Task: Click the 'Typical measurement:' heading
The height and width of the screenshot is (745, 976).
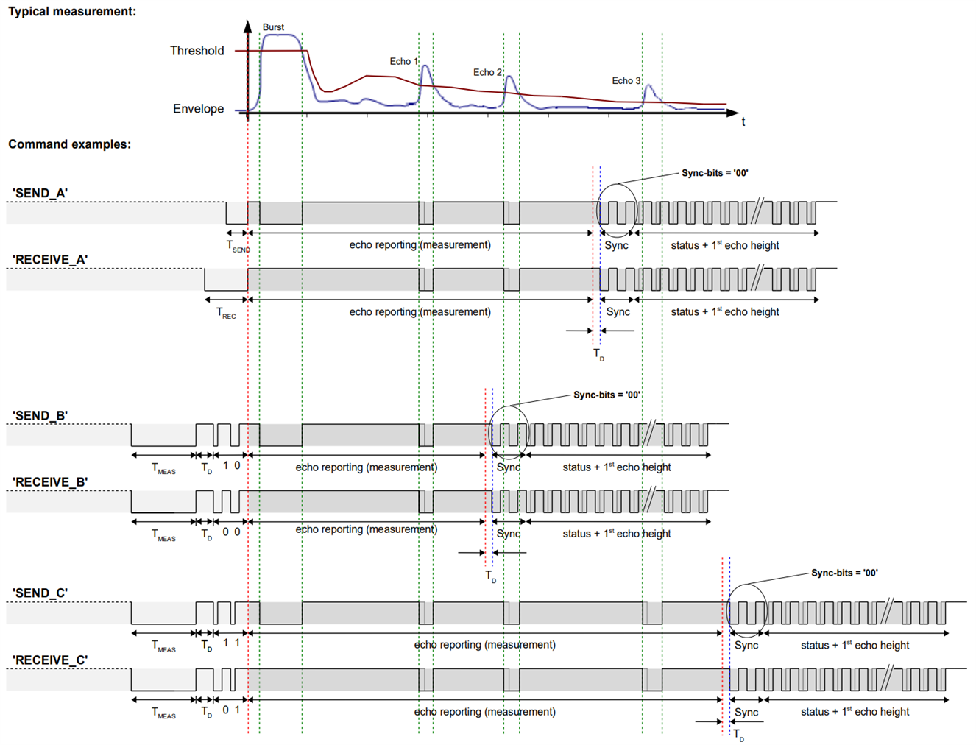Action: (71, 11)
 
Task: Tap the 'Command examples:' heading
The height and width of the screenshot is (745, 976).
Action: (69, 144)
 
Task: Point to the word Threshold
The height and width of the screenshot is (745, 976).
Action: (197, 51)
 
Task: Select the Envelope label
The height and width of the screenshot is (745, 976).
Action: (198, 109)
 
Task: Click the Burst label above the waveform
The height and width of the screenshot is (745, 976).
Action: (273, 27)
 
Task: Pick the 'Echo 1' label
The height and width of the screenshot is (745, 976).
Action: (404, 62)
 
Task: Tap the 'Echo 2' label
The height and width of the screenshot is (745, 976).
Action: (487, 72)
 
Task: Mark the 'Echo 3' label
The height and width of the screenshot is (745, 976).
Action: (626, 81)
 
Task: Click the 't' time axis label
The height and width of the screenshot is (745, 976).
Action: (743, 122)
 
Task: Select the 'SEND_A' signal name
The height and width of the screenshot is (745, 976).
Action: (40, 194)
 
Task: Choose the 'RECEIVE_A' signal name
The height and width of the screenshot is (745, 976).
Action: (50, 260)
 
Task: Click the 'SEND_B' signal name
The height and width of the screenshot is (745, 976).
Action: (40, 416)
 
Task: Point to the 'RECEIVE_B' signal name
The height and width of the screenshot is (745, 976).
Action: (50, 482)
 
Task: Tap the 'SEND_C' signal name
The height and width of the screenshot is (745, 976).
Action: (40, 593)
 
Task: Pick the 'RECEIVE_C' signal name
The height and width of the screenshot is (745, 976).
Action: (50, 660)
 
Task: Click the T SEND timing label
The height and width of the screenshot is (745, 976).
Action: (238, 247)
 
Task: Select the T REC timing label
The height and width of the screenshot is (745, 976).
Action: (226, 314)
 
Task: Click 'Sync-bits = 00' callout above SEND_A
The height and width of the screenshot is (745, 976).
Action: (714, 173)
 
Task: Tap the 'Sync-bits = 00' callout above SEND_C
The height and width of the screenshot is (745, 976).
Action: (844, 573)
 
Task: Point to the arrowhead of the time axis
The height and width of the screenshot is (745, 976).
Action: (733, 113)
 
